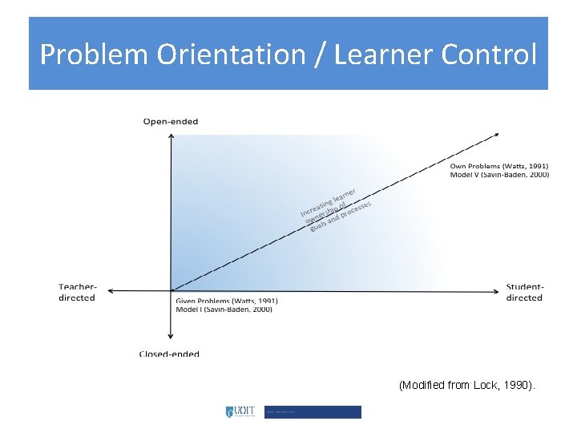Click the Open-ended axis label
(171, 122)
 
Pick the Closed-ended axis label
(169, 354)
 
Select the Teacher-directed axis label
(77, 292)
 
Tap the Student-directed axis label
(524, 292)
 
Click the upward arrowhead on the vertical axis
(171, 137)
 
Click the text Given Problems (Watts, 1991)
(226, 301)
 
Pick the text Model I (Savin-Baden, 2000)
(224, 309)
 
